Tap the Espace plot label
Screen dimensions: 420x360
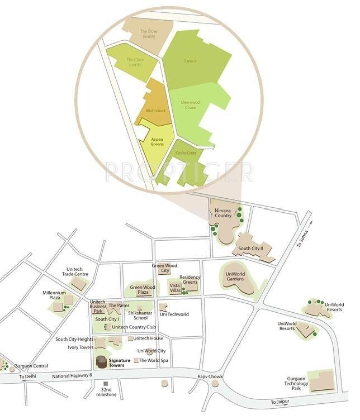190,61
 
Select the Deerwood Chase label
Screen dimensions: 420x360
190,105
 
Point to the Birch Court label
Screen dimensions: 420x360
155,111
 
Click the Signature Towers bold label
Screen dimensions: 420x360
120,363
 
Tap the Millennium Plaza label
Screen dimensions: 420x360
54,295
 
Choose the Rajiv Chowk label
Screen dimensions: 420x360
210,377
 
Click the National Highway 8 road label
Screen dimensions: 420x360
72,376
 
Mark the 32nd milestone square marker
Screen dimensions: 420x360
106,384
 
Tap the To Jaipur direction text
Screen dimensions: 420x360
281,402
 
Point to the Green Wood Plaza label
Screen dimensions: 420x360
143,289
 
